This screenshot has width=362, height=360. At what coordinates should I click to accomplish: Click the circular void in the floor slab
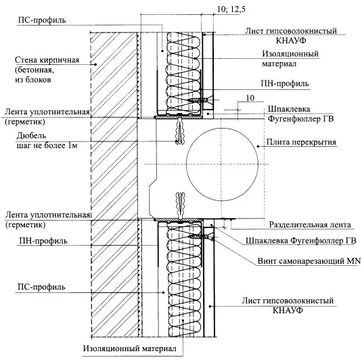click(x=222, y=164)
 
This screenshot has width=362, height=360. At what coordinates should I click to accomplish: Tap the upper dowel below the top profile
click(x=179, y=131)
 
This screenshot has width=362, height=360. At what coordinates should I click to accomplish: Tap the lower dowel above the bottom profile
click(x=180, y=206)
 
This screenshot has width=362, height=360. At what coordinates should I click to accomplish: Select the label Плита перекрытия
click(x=301, y=142)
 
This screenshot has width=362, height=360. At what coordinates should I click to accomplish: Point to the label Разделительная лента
click(x=310, y=225)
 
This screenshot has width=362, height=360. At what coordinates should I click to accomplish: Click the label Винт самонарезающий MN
click(x=309, y=261)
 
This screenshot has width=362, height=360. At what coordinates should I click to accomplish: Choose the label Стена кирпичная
click(x=47, y=60)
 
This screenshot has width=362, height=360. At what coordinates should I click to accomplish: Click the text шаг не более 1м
click(x=47, y=145)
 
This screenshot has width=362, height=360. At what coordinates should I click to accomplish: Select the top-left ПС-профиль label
click(x=42, y=20)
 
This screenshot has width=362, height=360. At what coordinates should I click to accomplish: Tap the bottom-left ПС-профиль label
click(x=41, y=287)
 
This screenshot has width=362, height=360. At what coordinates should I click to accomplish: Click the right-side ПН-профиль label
click(x=285, y=83)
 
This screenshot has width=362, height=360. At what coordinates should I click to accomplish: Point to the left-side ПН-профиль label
click(x=43, y=241)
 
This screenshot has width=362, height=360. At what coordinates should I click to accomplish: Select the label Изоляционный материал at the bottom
click(x=130, y=348)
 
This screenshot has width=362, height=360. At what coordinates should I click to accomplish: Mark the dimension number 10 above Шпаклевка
click(x=250, y=98)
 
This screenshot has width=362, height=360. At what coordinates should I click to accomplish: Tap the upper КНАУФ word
click(x=291, y=41)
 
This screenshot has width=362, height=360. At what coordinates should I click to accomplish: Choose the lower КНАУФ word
click(x=288, y=311)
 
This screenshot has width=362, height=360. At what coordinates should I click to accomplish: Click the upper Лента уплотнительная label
click(x=47, y=112)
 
